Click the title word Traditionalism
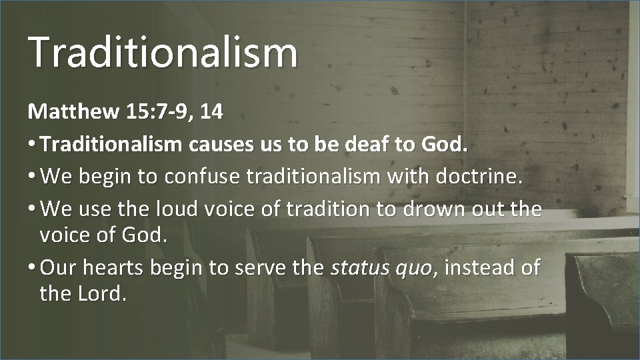click(163, 52)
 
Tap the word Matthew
click(61, 111)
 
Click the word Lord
click(101, 293)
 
